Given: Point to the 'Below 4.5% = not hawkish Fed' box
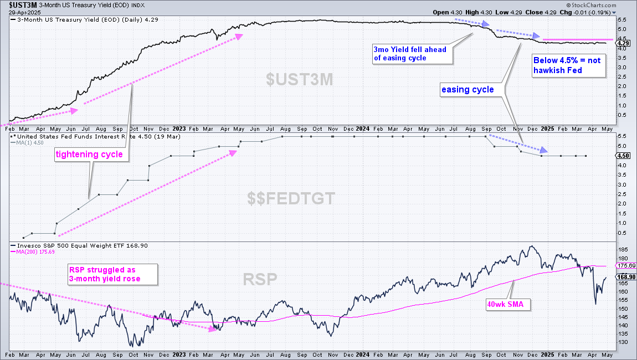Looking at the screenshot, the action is pos(569,65).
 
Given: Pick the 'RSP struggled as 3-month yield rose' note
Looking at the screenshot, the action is pos(112,274).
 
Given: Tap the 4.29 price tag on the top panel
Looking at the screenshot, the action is pos(623,43).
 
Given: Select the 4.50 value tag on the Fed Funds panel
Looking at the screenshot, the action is pos(623,156).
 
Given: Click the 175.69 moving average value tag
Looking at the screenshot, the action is pos(626,266).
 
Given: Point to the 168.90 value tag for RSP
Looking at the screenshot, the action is pos(626,277).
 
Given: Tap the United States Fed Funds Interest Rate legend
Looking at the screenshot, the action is pos(95,137).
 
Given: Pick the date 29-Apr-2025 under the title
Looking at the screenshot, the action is pos(25,12).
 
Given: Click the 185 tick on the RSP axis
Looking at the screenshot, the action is pos(622,249).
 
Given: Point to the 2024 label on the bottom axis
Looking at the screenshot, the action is pos(362,354).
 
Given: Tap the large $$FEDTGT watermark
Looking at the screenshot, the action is pos(291,199).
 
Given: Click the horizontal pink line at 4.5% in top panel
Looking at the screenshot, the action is pos(578,40).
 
